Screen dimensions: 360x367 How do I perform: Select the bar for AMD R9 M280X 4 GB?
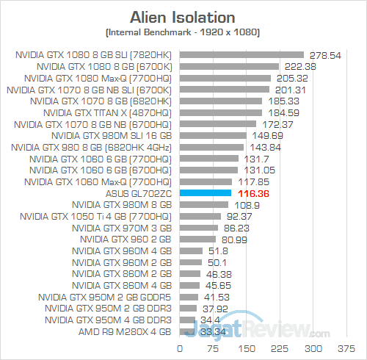point(186,331)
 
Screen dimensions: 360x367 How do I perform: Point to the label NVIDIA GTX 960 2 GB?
point(126,239)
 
